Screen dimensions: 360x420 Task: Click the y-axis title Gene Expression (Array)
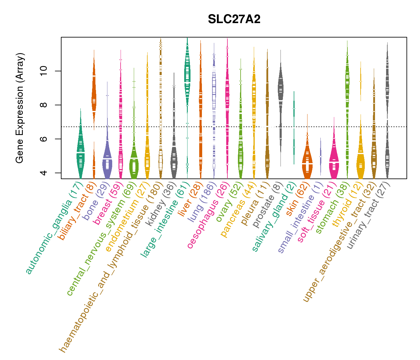[20, 108]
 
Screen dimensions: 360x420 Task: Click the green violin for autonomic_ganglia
[80, 153]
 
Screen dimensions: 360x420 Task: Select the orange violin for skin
[307, 163]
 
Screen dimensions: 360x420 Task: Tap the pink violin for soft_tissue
[334, 162]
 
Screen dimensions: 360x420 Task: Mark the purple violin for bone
[107, 159]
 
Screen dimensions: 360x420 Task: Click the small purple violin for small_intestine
[321, 156]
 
